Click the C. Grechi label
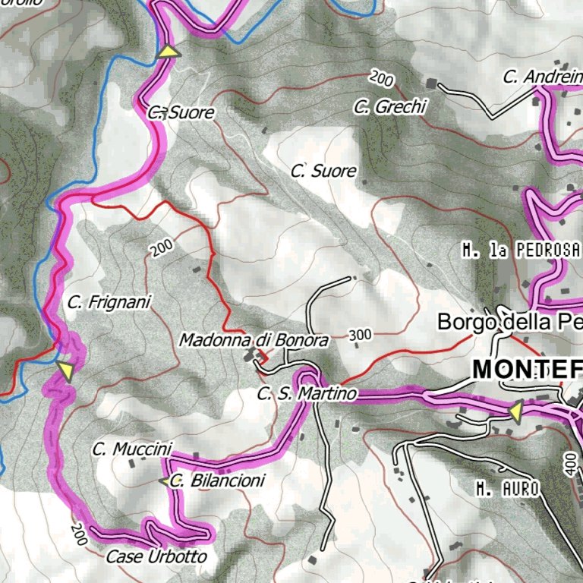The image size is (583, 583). tap(390, 107)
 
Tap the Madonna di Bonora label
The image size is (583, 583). tap(254, 341)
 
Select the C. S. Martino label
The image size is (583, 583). tap(307, 394)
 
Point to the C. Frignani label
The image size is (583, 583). tap(109, 302)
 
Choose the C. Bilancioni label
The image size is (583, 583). tap(218, 481)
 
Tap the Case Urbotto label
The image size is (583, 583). tap(156, 556)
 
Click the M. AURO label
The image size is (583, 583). tap(508, 490)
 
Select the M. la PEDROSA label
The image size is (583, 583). tap(521, 250)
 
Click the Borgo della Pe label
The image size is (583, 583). tap(509, 322)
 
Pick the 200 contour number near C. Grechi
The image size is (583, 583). tap(382, 77)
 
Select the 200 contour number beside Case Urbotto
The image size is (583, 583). tap(78, 534)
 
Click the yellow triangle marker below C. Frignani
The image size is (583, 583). tap(67, 371)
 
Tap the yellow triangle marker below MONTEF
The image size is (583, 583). tap(515, 411)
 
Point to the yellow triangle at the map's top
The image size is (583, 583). tap(169, 51)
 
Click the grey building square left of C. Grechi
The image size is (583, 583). tap(432, 83)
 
